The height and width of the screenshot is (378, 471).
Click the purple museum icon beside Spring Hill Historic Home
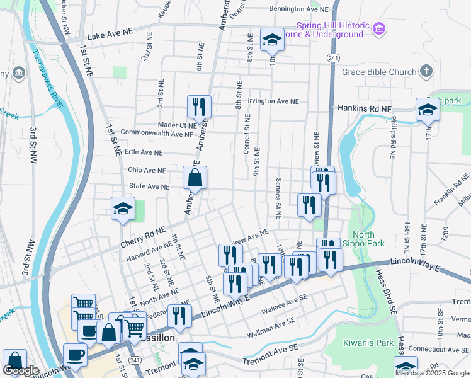(x=378, y=29)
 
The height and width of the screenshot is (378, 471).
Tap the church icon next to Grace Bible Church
(x=427, y=71)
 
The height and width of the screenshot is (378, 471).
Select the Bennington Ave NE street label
(x=298, y=9)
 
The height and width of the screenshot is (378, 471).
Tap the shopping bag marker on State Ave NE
(x=195, y=178)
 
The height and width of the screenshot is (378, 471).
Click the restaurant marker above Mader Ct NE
(x=199, y=108)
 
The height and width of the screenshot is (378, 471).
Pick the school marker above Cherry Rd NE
(x=123, y=209)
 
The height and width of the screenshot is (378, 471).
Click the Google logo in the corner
(x=21, y=371)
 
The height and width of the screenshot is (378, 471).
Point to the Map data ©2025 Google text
(x=431, y=373)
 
